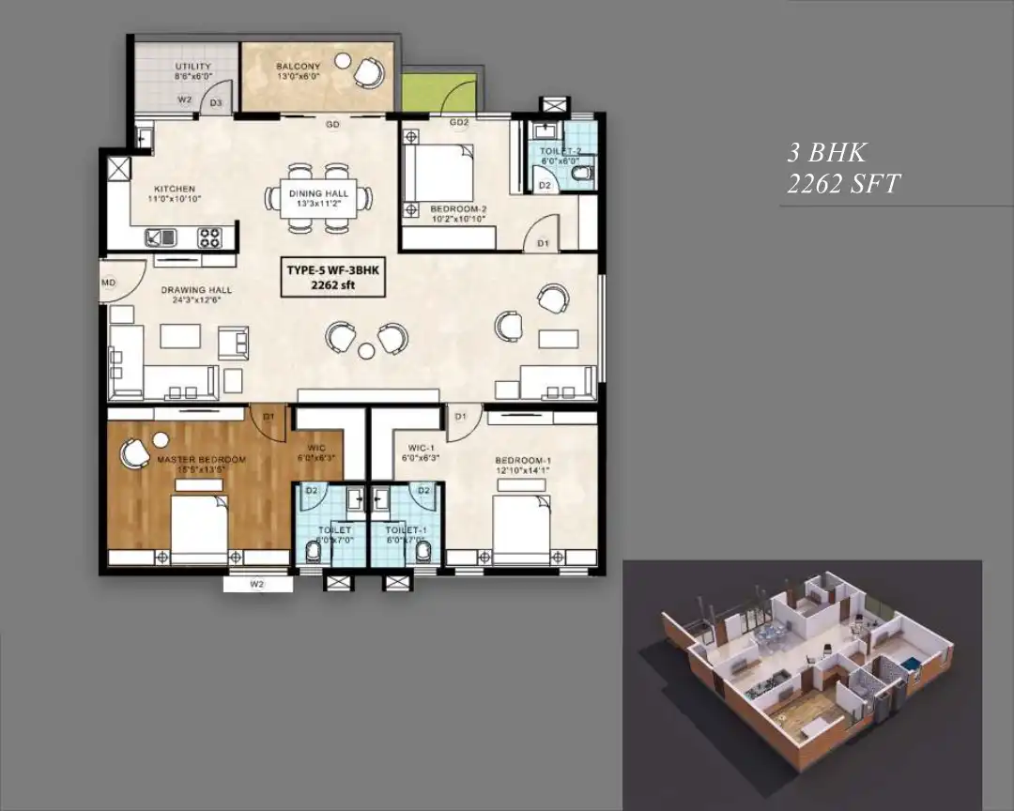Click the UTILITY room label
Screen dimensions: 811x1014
pos(192,67)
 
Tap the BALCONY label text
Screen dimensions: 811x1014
pos(298,67)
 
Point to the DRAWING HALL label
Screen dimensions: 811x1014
pos(196,290)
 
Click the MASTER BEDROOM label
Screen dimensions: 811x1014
pos(201,459)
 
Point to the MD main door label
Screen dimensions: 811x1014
pos(109,281)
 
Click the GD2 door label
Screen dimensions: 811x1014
pos(458,123)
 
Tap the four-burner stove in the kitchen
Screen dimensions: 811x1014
pos(209,237)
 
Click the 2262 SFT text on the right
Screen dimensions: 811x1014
pos(842,184)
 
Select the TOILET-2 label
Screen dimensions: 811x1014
pos(561,150)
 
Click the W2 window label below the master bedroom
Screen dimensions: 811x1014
pos(257,585)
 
